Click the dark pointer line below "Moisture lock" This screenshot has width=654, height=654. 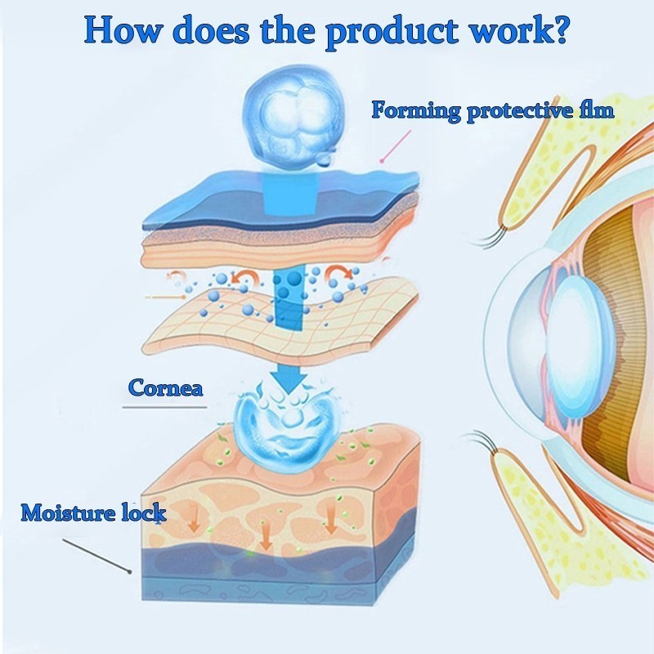click(x=96, y=553)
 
